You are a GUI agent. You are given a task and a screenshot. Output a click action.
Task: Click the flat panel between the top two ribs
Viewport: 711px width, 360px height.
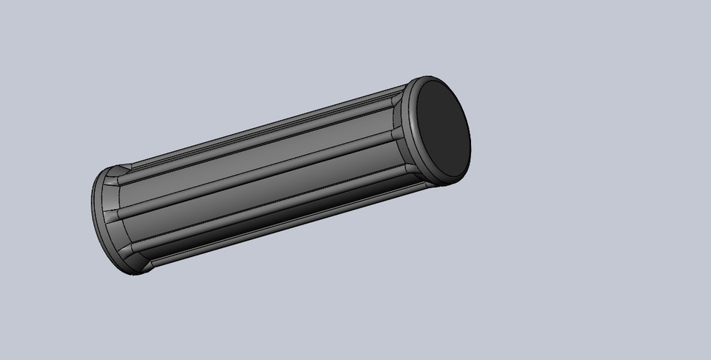(x=259, y=151)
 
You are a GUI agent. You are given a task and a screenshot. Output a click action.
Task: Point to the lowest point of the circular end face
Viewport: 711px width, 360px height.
(x=453, y=178)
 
